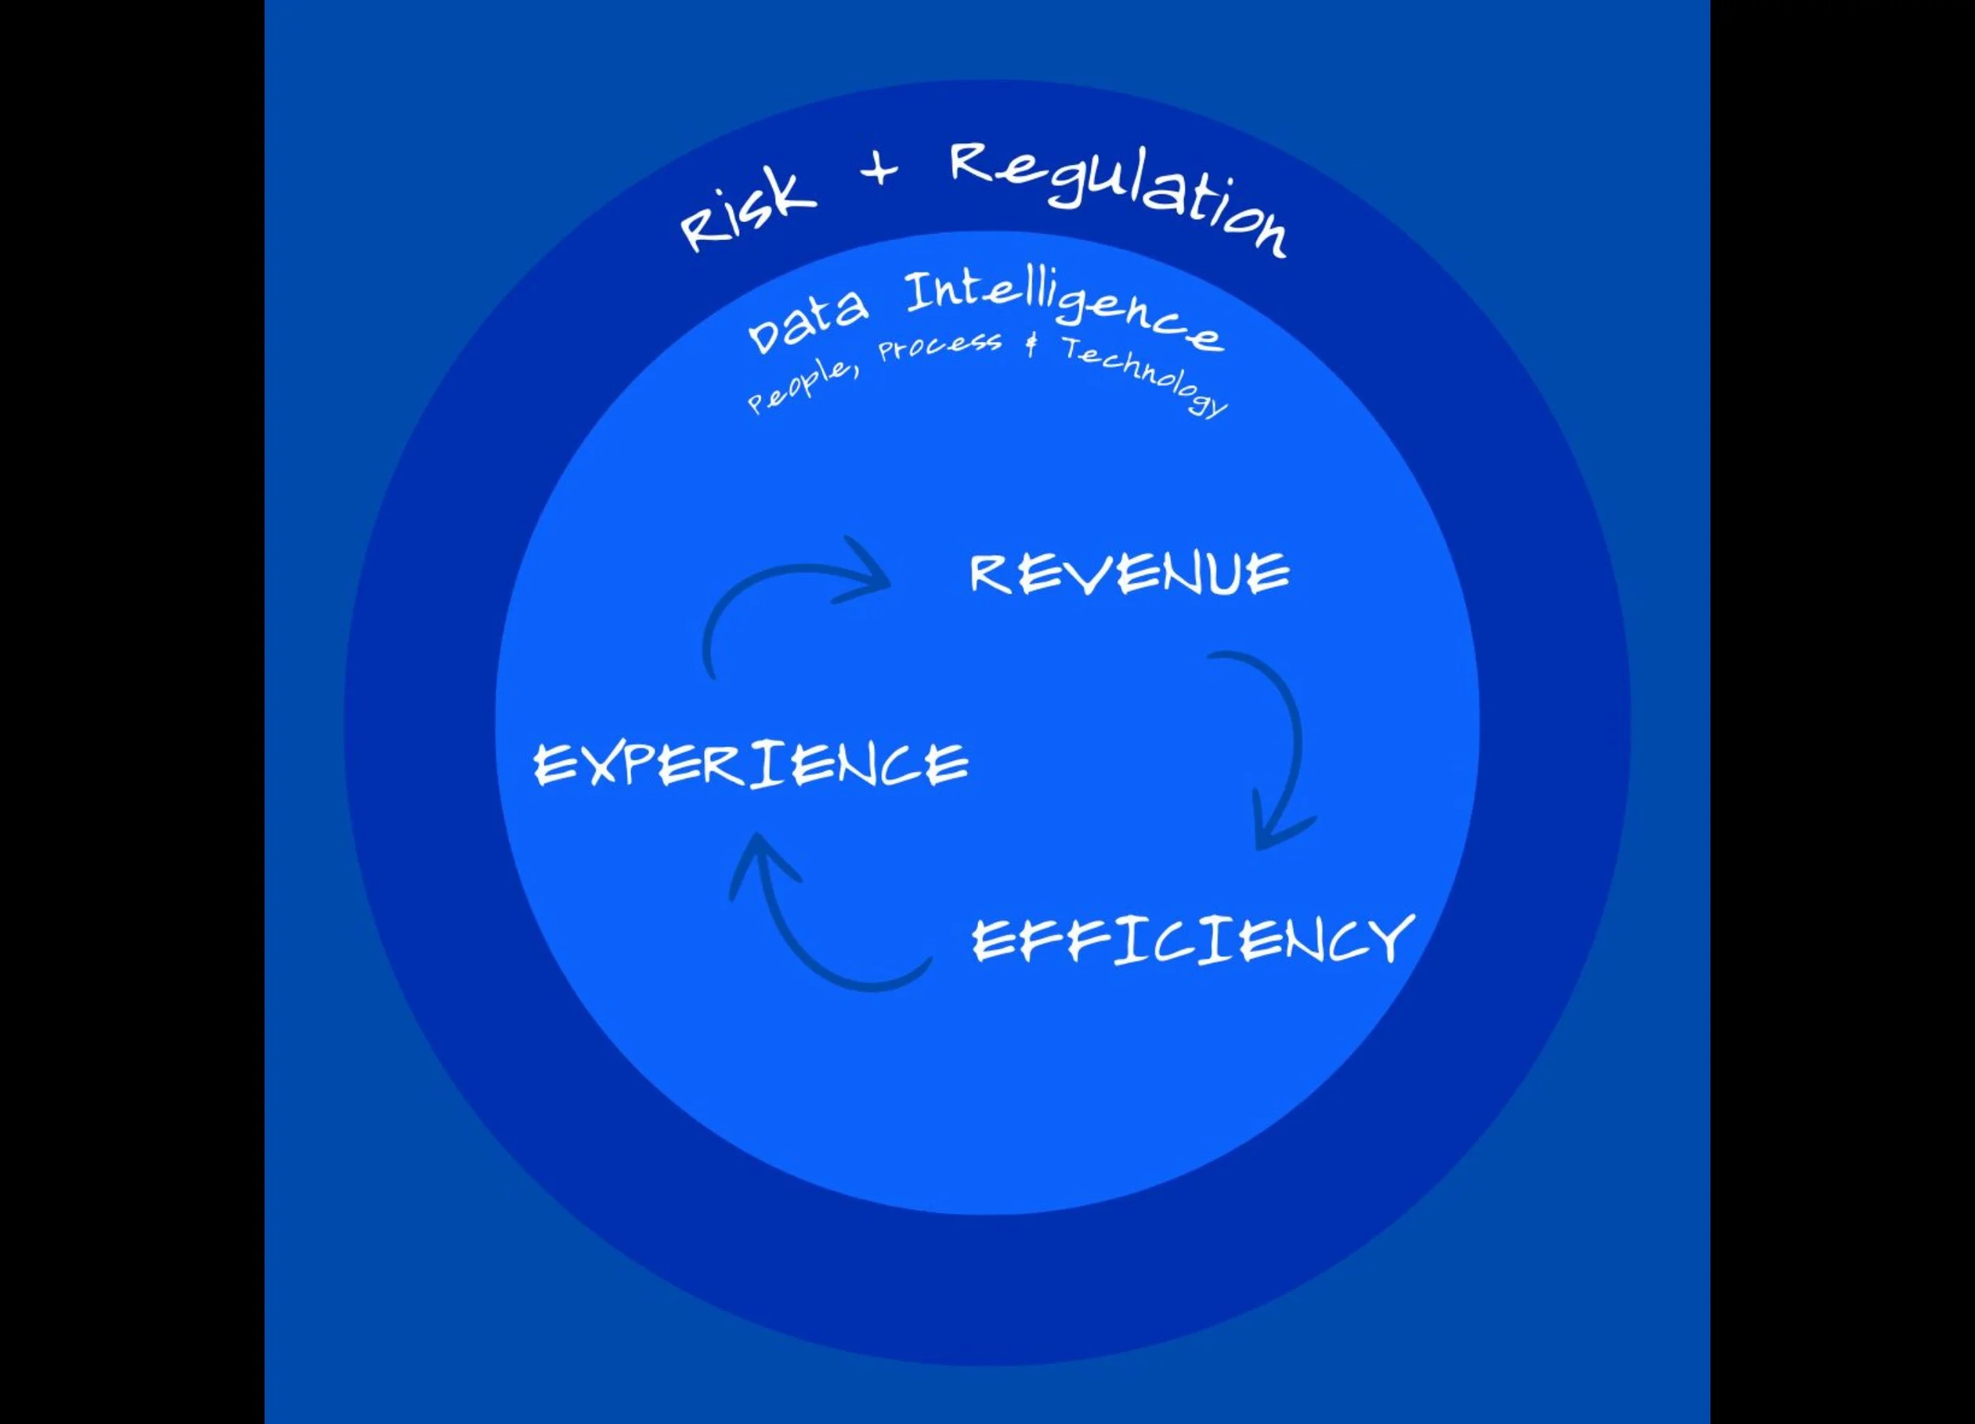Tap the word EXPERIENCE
pos(750,765)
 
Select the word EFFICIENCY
pos(1192,940)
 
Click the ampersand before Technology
pos(1032,346)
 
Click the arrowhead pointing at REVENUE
pos(867,574)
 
